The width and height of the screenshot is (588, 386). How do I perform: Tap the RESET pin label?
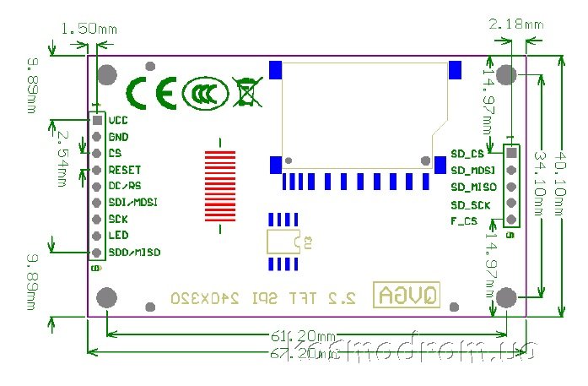125,170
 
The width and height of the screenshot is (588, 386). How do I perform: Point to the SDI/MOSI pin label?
133,203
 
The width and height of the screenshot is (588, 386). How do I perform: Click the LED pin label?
118,236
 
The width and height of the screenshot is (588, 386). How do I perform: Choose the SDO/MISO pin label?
134,253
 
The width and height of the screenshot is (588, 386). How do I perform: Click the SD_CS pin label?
467,154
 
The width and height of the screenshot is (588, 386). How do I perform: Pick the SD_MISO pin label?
473,187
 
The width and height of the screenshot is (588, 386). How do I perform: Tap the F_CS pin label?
465,220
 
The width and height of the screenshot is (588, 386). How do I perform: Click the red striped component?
221,186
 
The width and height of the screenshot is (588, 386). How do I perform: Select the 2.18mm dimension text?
515,24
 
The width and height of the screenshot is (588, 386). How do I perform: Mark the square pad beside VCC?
98,121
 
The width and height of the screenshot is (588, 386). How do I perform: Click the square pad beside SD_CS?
510,153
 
